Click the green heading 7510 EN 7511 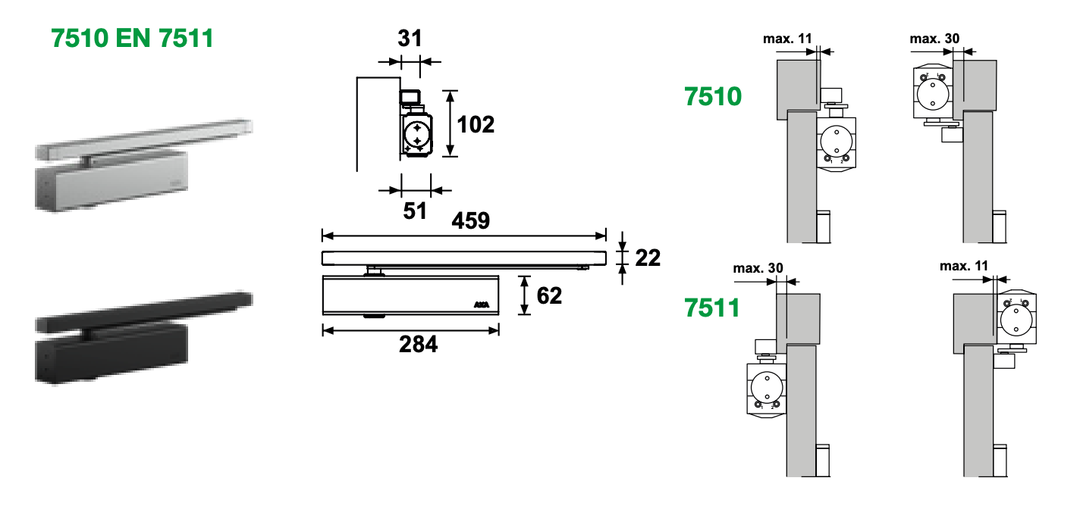(x=132, y=38)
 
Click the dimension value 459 (x=470, y=220)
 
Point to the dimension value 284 (x=418, y=345)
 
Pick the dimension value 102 (x=476, y=124)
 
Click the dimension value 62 (x=549, y=295)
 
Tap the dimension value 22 (x=647, y=258)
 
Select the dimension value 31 (x=409, y=39)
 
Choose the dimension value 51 (x=414, y=211)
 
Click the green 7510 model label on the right (x=712, y=97)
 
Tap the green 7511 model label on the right (x=712, y=308)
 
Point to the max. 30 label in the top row (x=934, y=39)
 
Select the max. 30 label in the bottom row (x=758, y=268)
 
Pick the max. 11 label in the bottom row (x=964, y=266)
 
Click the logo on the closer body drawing (x=482, y=304)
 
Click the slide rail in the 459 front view (x=464, y=258)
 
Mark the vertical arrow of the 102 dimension (x=451, y=123)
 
